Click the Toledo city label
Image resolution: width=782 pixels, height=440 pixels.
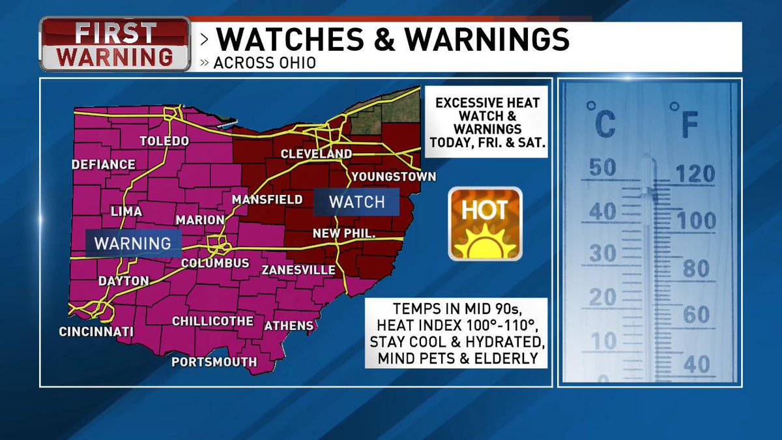point(164,141)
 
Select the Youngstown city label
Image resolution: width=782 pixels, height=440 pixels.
point(394,177)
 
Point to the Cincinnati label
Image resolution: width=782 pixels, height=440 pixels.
point(96,332)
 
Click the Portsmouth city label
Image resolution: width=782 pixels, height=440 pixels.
point(214,362)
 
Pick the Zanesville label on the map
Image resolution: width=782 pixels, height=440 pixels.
point(298,270)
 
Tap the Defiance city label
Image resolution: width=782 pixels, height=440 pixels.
point(104,165)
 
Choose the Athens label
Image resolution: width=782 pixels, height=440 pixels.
point(289,325)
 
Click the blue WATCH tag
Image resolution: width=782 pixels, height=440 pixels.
point(356,202)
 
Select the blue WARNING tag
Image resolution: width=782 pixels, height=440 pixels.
point(133,243)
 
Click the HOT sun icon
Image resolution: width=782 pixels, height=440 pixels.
point(485,224)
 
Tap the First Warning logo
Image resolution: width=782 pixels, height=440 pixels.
point(115,44)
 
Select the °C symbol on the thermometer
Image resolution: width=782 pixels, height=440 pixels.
point(600,119)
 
